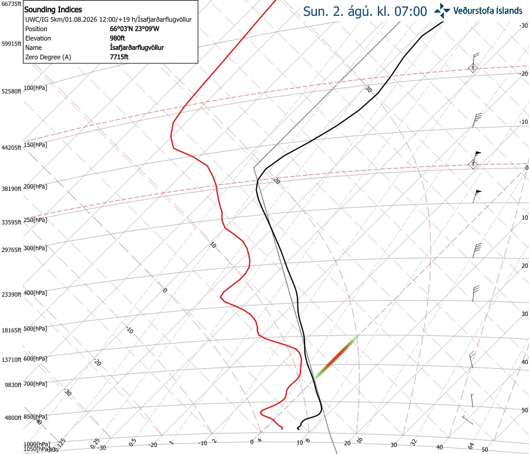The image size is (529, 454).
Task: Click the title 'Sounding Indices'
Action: click(x=53, y=9)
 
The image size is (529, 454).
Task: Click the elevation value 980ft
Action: click(x=118, y=38)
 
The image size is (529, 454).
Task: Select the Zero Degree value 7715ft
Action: click(x=119, y=57)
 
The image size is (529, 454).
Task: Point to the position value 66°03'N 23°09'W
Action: click(x=135, y=29)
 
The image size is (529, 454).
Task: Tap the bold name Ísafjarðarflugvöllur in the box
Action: click(x=137, y=48)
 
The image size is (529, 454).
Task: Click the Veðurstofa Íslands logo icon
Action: click(x=442, y=11)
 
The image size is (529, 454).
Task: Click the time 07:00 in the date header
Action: click(x=411, y=12)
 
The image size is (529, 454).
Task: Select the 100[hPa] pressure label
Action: click(x=35, y=88)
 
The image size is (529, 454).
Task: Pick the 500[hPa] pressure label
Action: click(x=35, y=329)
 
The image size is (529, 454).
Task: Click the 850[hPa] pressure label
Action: click(x=35, y=416)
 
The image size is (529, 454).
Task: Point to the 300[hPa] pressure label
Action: click(x=35, y=248)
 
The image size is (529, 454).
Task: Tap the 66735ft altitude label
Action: click(x=12, y=4)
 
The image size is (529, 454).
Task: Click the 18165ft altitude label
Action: click(x=12, y=330)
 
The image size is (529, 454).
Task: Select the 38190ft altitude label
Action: click(x=12, y=189)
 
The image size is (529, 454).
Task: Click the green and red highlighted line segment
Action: click(x=335, y=358)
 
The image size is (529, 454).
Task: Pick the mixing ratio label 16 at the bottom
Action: click(x=360, y=440)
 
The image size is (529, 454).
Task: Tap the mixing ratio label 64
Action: click(x=471, y=446)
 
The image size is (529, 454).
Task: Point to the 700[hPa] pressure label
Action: click(x=35, y=384)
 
